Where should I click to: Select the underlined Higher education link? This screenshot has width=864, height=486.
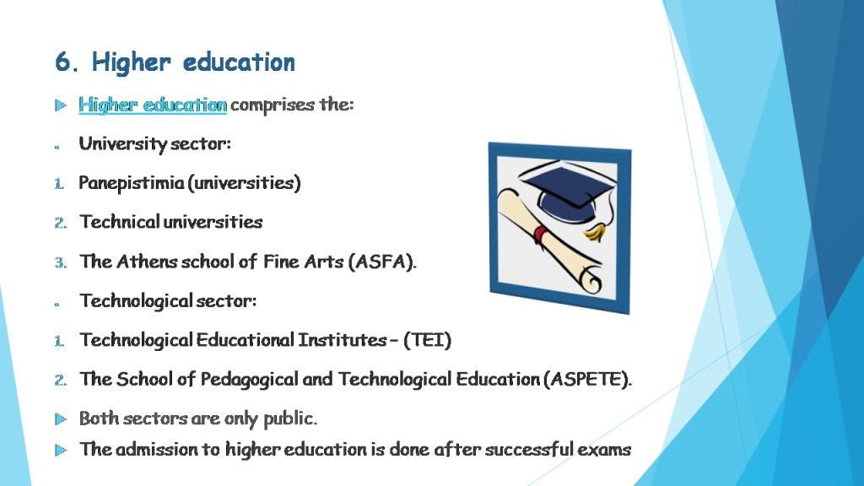153,105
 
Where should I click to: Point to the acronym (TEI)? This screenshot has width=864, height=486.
428,340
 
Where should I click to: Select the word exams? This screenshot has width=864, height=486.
604,449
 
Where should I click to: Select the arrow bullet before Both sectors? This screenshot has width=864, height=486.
60,418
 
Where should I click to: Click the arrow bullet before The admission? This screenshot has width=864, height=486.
60,450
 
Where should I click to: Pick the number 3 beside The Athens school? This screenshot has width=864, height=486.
60,262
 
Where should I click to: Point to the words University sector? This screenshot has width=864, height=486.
154,144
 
